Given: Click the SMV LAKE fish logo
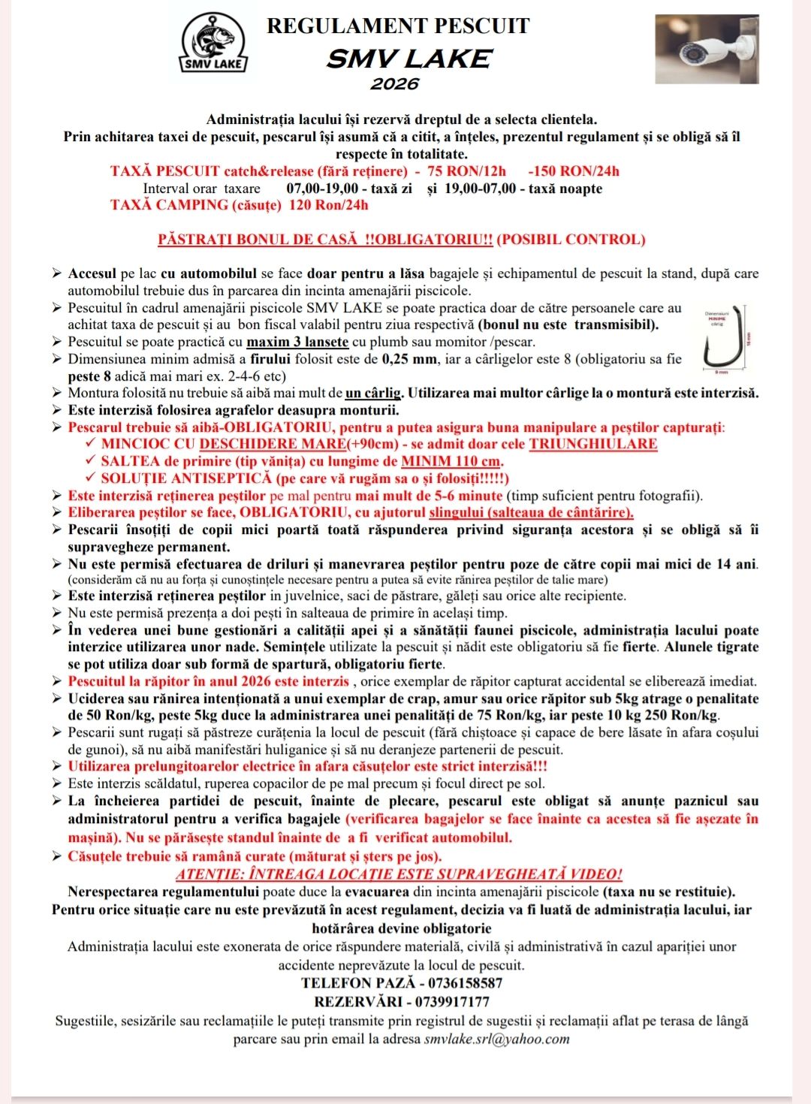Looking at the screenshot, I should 213,43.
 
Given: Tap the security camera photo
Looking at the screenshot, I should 707,49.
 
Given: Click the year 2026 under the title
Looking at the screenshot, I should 394,83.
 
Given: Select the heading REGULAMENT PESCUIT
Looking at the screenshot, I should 398,26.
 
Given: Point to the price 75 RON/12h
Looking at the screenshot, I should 466,171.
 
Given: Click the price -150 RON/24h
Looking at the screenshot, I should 574,171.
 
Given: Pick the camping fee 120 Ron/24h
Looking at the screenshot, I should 329,205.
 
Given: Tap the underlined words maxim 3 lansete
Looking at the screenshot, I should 297,342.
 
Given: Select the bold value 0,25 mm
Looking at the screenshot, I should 409,359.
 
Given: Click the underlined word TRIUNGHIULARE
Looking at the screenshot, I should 592,444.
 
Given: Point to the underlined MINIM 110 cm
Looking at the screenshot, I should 451,461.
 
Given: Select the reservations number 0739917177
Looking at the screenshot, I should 458,1002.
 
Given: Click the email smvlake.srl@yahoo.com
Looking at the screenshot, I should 496,1039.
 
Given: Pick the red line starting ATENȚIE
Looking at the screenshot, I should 399,874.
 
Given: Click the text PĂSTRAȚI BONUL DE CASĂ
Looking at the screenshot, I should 258,240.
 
